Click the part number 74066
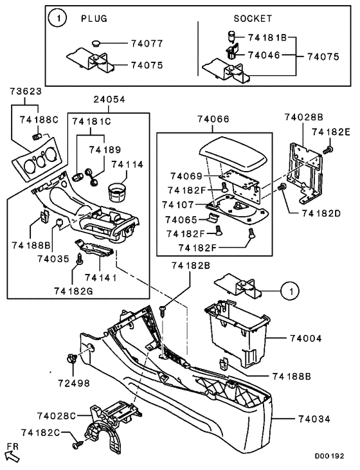coord(213,119)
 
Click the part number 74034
coord(314,419)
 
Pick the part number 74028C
coord(57,416)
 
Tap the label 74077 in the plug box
coord(147,44)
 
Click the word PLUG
coord(95,19)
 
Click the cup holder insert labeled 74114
coord(117,192)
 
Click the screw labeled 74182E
coord(328,150)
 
